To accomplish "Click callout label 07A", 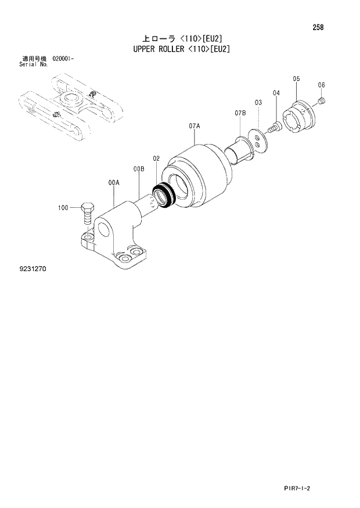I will click(x=194, y=125).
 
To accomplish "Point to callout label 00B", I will click(x=138, y=169).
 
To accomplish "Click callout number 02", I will click(x=156, y=158).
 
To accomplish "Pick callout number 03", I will click(x=258, y=102).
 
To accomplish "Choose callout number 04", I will click(x=276, y=93).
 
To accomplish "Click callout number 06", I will click(x=321, y=85).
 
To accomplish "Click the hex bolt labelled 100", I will click(x=87, y=214).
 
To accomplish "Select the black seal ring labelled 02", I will click(x=162, y=195).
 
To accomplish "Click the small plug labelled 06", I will click(x=323, y=103).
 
